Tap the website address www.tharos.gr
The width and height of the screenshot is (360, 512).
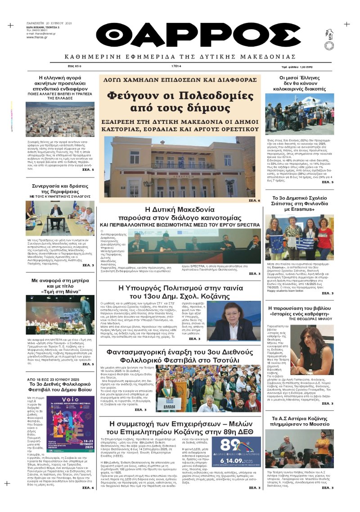pyautogui.click(x=38, y=37)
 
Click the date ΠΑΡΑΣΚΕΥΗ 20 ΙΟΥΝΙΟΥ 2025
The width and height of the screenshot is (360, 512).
pyautogui.click(x=49, y=23)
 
